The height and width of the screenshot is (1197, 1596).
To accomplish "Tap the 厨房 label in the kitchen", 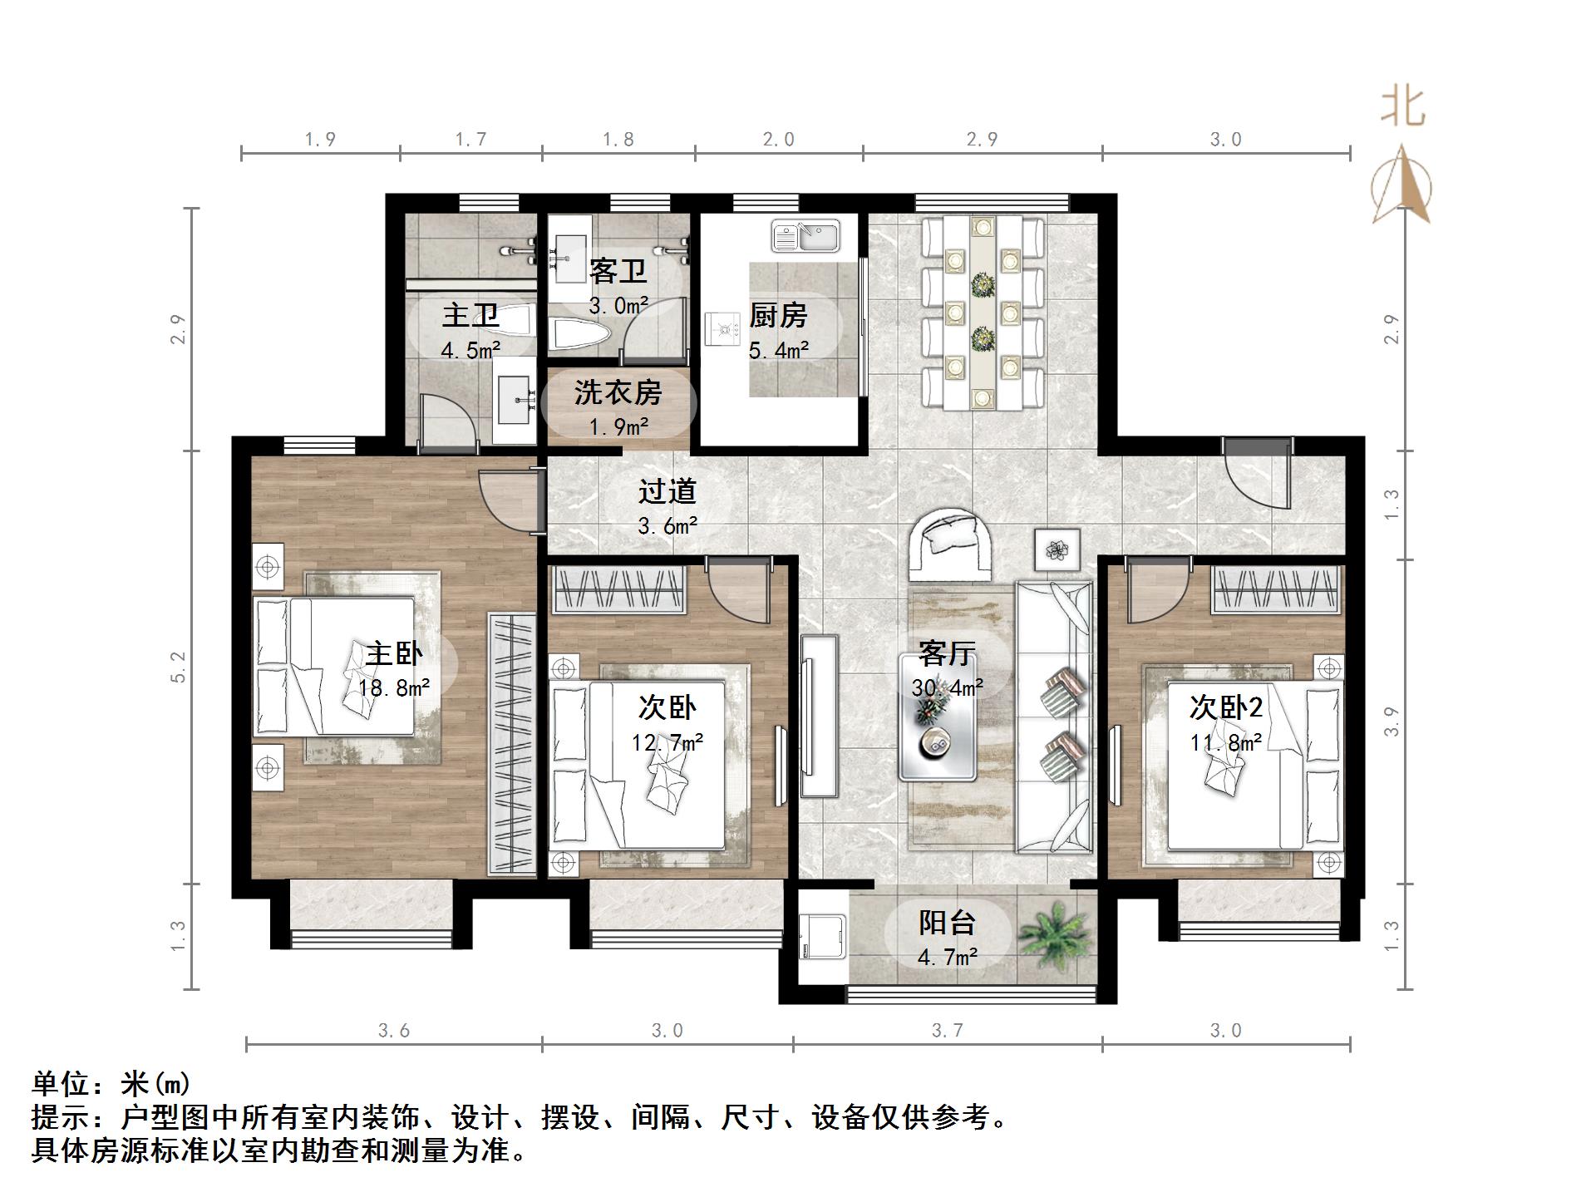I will point(778,316).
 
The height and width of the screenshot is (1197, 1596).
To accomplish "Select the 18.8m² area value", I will point(394,688).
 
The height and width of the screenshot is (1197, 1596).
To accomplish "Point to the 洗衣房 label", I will point(618,392).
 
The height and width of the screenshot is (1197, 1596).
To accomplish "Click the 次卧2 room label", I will point(1226,707).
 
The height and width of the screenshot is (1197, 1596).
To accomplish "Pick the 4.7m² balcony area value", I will point(947,958).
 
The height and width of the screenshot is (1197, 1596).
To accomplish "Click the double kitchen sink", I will point(805,235).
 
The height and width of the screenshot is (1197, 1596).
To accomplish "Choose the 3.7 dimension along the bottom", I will point(947,1031).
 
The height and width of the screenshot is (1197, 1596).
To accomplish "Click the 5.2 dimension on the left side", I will point(178,667).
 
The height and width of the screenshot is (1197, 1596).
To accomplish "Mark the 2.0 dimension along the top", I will point(779,140).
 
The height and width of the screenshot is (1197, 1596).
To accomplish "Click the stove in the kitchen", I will point(722,328).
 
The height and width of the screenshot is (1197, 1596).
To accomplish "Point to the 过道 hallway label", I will point(667,491).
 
